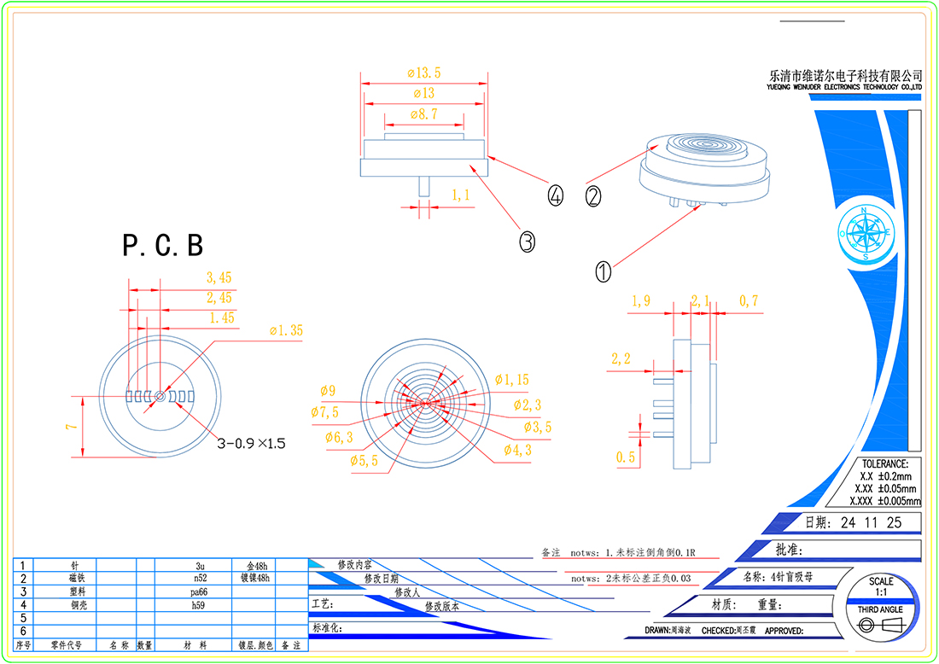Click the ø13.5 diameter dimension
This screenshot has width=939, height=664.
click(x=424, y=72)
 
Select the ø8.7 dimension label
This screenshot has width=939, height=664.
click(x=424, y=114)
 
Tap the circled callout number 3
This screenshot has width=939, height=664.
click(x=527, y=242)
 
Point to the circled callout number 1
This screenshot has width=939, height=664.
click(x=603, y=271)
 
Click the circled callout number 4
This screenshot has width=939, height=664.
click(x=556, y=196)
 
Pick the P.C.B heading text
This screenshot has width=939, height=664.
click(x=163, y=246)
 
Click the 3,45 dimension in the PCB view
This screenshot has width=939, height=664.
click(x=219, y=277)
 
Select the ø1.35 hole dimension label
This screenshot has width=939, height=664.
click(x=285, y=330)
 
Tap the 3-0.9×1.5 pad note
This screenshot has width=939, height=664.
click(x=251, y=443)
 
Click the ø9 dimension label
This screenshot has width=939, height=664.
click(x=328, y=391)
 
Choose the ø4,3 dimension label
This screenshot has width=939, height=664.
click(x=517, y=450)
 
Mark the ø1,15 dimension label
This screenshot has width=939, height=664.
click(x=512, y=380)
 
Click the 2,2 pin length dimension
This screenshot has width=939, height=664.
click(x=621, y=359)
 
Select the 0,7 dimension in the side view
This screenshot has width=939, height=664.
click(x=749, y=300)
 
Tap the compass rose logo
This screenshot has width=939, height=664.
click(x=866, y=232)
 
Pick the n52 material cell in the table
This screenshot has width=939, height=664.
click(x=201, y=578)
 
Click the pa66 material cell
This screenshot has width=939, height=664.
click(x=201, y=591)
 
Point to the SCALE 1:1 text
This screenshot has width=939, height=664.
click(x=881, y=586)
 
